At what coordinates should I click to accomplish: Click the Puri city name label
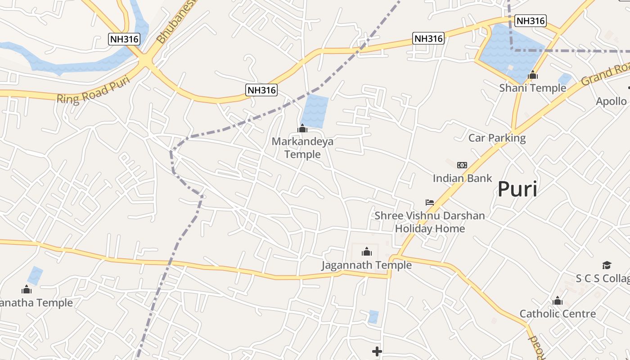[517, 189]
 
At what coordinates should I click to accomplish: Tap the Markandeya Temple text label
[302, 148]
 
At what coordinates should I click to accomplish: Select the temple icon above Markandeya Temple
[302, 129]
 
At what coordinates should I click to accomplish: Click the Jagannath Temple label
[366, 265]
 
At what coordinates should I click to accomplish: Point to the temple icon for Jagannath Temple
[367, 252]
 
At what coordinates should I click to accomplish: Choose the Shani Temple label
[532, 88]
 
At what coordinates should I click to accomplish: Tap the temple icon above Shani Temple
[533, 75]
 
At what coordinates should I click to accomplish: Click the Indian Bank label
[462, 178]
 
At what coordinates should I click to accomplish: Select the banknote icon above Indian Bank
[462, 165]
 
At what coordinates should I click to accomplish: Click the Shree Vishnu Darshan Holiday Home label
[430, 222]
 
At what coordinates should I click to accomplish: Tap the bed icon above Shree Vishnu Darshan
[430, 202]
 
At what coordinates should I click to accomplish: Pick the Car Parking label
[497, 138]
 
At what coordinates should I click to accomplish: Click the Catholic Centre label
[558, 314]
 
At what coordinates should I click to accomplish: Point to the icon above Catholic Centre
[558, 301]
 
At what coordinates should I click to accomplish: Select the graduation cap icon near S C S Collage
[607, 265]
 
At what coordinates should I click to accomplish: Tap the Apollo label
[611, 101]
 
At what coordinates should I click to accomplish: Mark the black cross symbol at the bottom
[377, 351]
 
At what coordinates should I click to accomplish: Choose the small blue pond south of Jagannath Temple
[373, 317]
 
